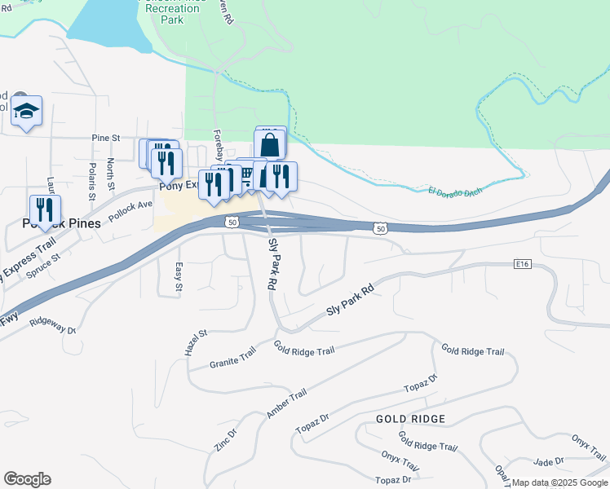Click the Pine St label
click(106, 139)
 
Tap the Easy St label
click(178, 277)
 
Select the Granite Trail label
click(232, 358)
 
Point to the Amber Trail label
click(285, 403)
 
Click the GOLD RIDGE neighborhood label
click(411, 419)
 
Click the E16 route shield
click(523, 264)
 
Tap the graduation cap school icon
click(27, 111)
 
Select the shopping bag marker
click(270, 145)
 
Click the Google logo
click(27, 479)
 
